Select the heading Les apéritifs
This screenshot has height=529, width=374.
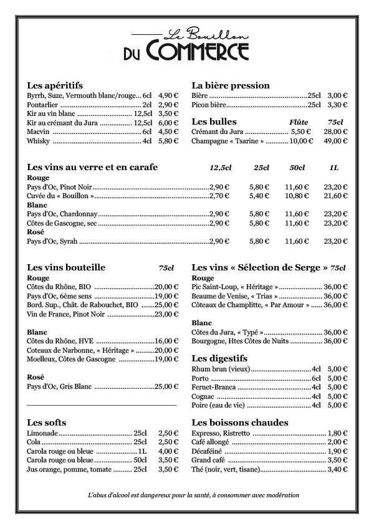55,85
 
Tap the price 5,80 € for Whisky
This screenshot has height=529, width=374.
168,141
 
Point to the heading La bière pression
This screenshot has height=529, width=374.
231,85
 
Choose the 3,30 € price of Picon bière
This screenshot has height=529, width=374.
337,105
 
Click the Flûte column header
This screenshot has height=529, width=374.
299,122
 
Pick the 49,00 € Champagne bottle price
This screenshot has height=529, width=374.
335,141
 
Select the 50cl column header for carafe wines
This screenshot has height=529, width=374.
297,168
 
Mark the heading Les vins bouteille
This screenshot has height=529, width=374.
67,268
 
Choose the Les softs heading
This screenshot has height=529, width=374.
47,422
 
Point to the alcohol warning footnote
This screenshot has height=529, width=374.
194,495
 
